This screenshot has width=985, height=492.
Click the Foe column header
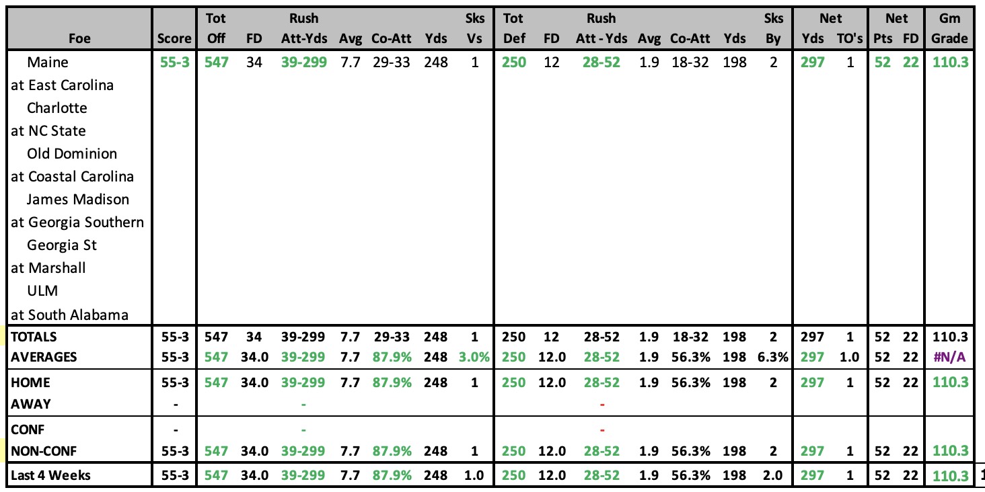79,39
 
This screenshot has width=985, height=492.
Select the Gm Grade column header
949,28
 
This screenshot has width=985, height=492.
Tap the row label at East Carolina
62,85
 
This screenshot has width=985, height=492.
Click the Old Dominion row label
72,153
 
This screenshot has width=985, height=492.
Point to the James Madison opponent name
78,199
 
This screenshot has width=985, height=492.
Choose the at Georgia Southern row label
77,222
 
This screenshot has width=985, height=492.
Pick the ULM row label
42,290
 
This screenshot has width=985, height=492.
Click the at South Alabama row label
69,315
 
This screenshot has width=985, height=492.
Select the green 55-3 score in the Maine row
174,62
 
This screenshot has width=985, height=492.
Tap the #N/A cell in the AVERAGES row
949,357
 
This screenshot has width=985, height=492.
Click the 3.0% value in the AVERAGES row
474,357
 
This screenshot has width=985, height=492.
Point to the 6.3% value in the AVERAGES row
772,357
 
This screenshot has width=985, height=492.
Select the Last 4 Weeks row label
50,475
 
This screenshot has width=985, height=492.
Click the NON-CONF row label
44,451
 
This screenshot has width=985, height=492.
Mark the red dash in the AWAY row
602,404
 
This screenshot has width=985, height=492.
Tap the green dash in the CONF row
303,429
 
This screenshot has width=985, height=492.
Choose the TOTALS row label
34,337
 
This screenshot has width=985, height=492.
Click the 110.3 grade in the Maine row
950,62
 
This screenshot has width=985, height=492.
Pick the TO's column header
850,39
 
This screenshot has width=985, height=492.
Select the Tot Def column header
513,28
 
